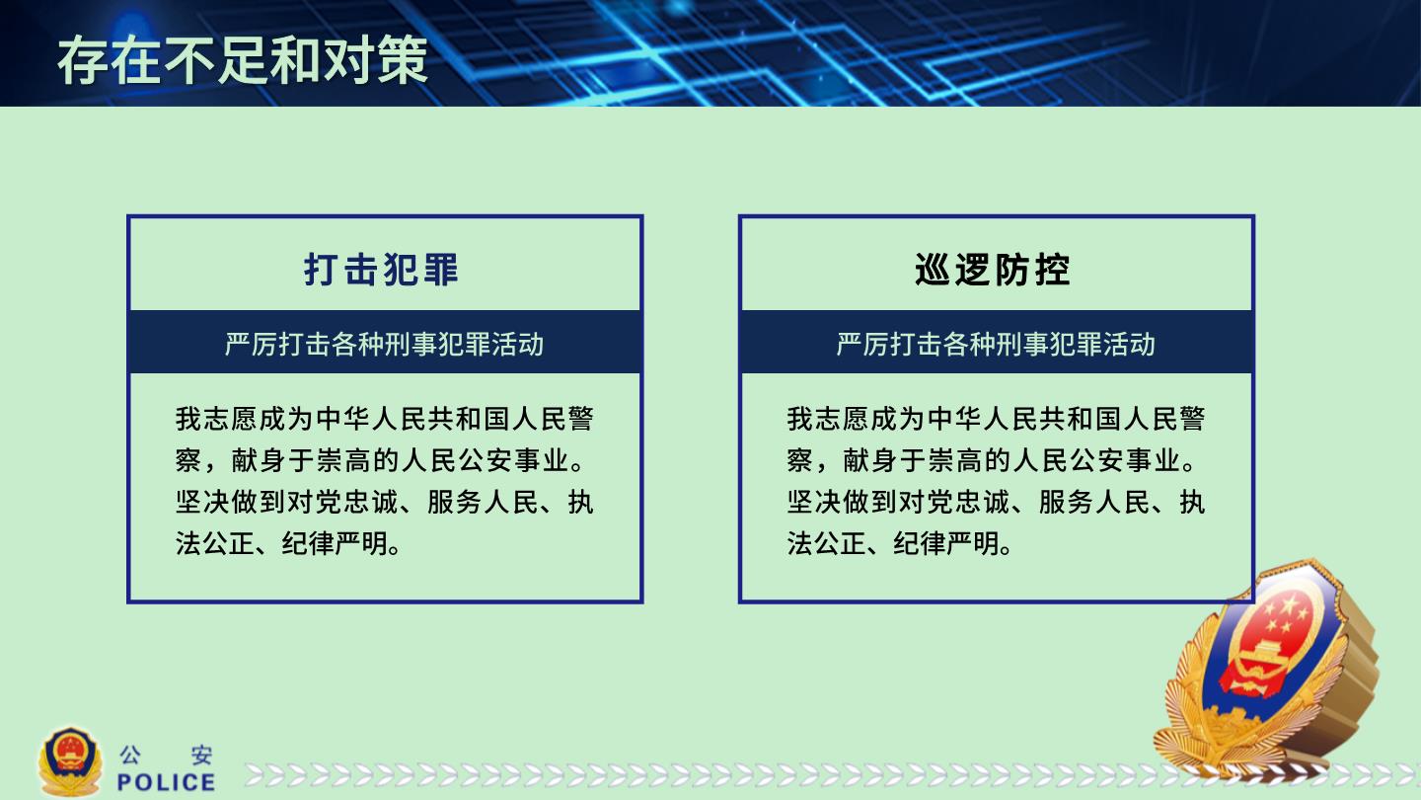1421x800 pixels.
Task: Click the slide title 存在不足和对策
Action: [x=243, y=61]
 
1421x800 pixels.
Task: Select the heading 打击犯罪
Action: [x=381, y=270]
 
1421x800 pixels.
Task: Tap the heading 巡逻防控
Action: [x=993, y=270]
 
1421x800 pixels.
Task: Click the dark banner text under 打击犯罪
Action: [x=385, y=344]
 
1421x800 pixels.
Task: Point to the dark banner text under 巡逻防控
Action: [x=996, y=344]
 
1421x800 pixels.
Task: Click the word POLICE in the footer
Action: [x=166, y=782]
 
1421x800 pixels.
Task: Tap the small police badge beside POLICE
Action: [x=70, y=761]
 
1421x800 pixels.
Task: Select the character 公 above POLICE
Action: [x=130, y=755]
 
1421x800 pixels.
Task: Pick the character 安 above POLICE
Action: [x=202, y=755]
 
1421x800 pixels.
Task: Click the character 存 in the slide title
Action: [x=83, y=61]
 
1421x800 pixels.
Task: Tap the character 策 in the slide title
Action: [x=404, y=61]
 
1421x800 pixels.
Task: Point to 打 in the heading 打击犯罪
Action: [x=321, y=270]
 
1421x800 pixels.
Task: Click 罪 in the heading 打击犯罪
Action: [x=441, y=270]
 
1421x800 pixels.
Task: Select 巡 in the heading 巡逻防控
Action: [x=933, y=270]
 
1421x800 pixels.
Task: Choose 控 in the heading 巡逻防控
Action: [x=1053, y=270]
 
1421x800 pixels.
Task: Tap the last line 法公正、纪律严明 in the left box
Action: [x=288, y=543]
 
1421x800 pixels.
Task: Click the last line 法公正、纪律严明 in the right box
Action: [x=900, y=543]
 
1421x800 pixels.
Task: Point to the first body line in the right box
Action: [x=996, y=419]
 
